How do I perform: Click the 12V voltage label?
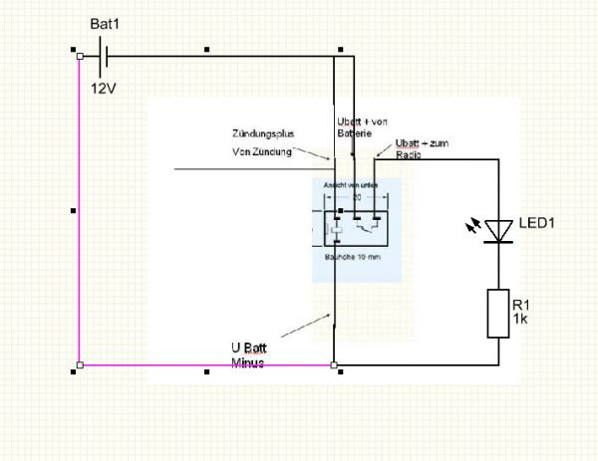tap(105, 89)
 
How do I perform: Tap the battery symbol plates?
tap(103, 57)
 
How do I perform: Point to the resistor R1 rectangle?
tap(498, 314)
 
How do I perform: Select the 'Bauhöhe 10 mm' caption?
tap(355, 257)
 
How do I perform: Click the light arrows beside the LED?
tap(472, 228)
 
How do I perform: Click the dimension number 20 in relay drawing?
tap(356, 197)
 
